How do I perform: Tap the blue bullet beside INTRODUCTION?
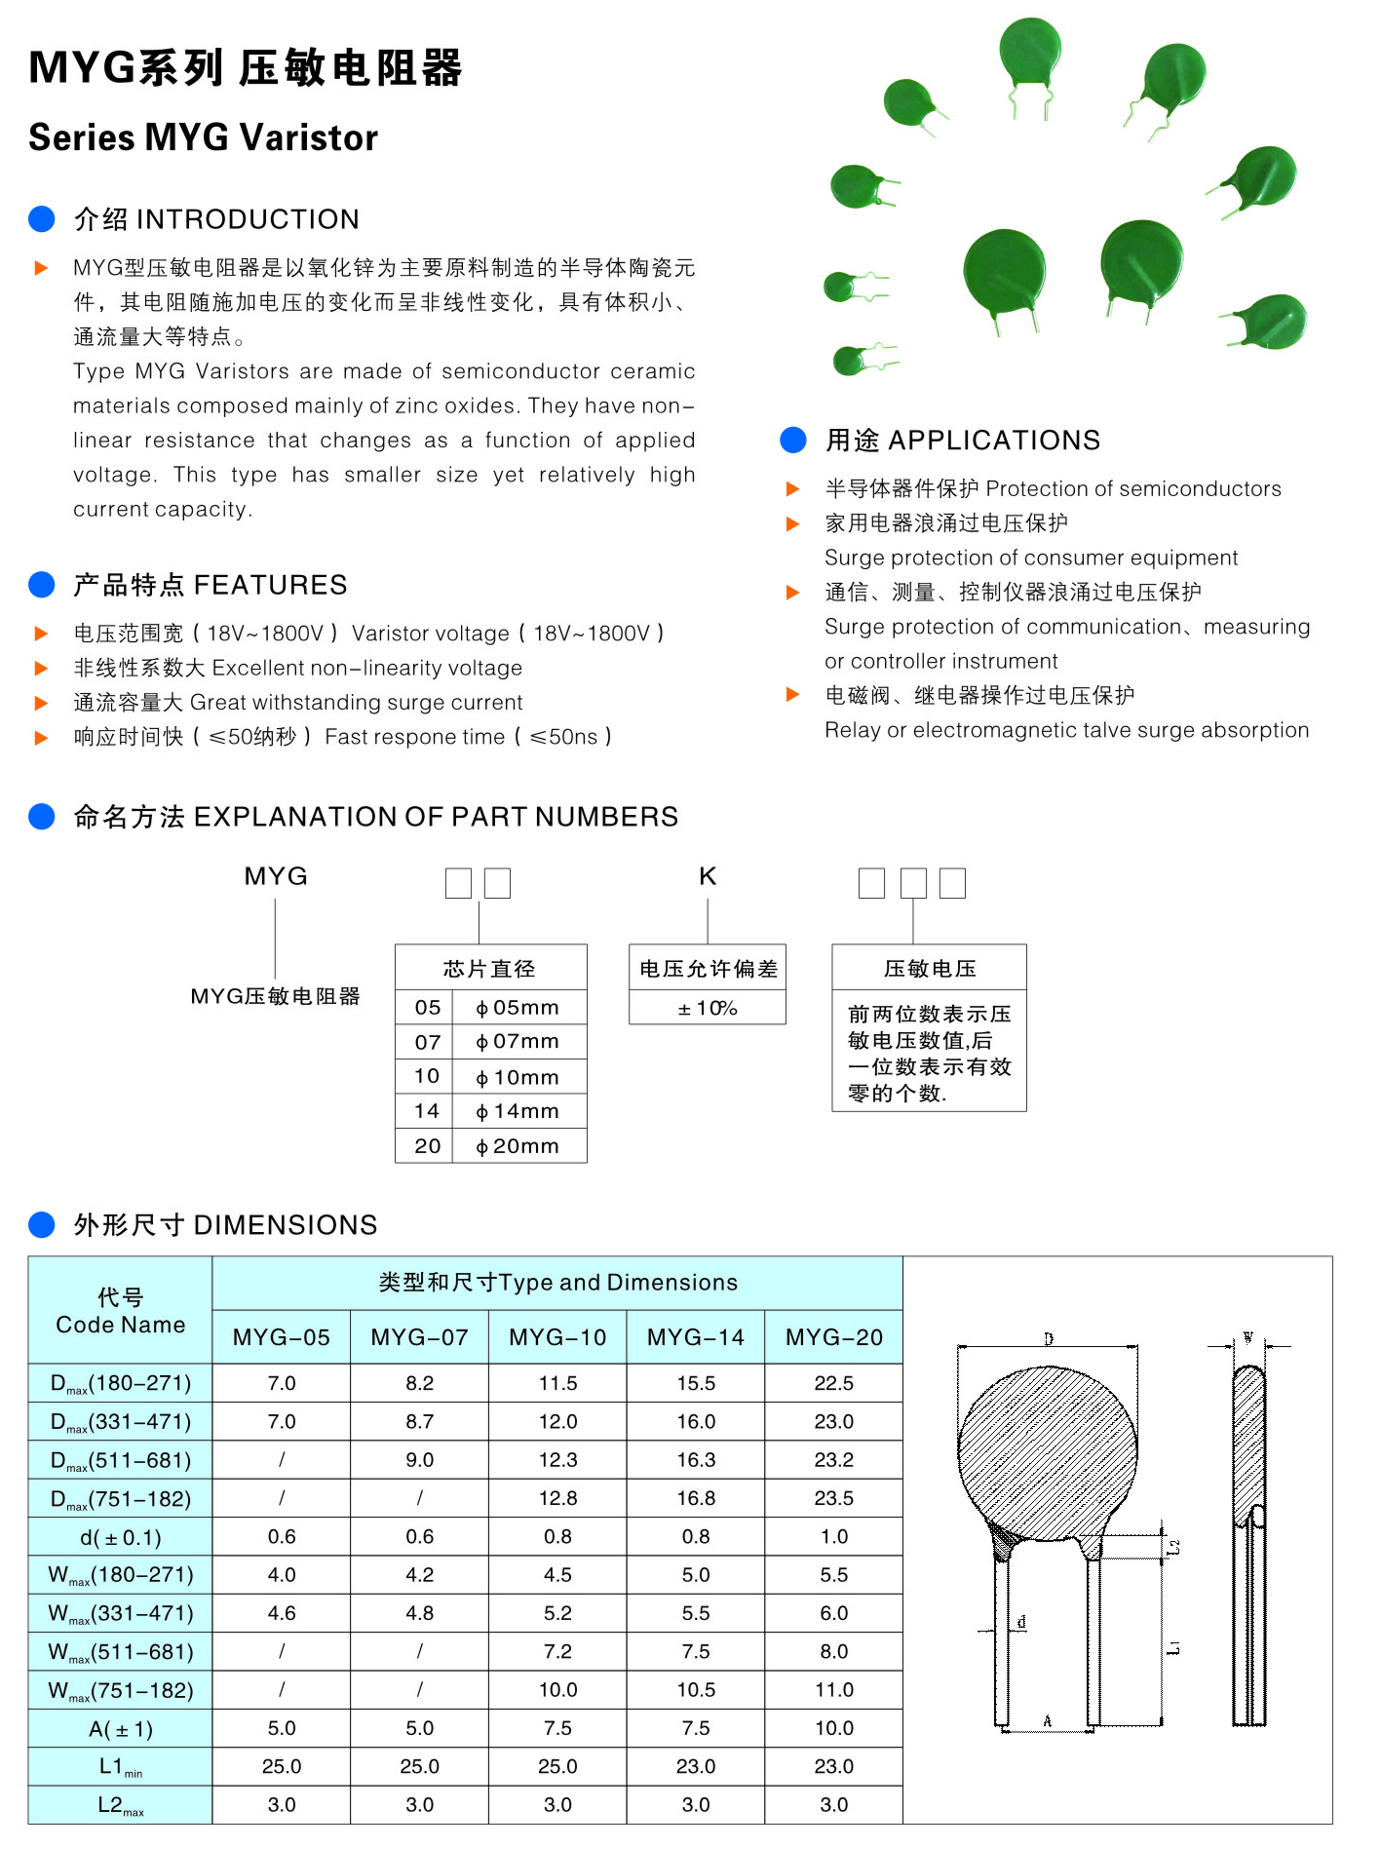(42, 219)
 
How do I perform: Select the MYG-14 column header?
(696, 1337)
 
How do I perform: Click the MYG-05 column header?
(281, 1337)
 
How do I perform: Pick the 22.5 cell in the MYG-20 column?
(833, 1383)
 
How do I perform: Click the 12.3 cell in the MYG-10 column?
(557, 1460)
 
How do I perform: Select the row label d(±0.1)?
(120, 1537)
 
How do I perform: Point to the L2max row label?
(120, 1805)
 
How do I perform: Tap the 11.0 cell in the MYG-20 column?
(833, 1690)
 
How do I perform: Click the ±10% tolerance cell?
(708, 1008)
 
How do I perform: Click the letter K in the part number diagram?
(708, 876)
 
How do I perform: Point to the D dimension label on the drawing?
(1049, 1339)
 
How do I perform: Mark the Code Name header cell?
(120, 1311)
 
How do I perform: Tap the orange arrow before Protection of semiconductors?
(792, 488)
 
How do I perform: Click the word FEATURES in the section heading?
(270, 585)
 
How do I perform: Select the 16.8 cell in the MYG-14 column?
(696, 1498)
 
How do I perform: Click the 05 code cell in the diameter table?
(427, 1008)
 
